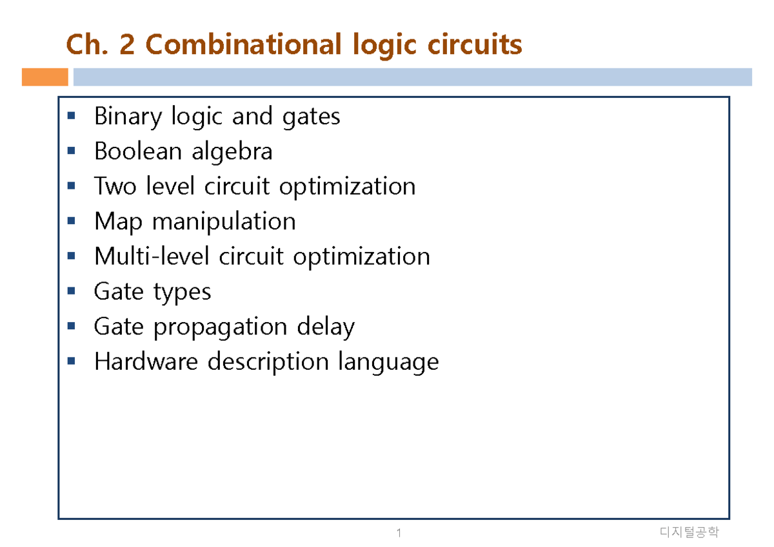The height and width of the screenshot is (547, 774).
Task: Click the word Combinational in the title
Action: [x=243, y=44]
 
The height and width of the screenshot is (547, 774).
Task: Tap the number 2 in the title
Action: [x=127, y=44]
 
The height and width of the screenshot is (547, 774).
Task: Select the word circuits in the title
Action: [x=475, y=44]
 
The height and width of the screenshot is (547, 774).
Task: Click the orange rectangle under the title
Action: [x=45, y=77]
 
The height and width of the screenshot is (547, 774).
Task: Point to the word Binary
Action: [x=128, y=117]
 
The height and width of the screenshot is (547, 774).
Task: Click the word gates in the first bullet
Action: [x=311, y=117]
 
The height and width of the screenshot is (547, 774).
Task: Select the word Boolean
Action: [x=138, y=151]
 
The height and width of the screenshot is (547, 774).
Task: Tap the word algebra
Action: [x=232, y=151]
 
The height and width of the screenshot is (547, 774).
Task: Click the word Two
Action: [x=115, y=186]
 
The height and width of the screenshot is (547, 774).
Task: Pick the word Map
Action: [x=118, y=222]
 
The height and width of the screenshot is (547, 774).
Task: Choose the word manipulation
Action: [x=224, y=221]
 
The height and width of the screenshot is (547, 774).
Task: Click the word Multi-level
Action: [x=152, y=256]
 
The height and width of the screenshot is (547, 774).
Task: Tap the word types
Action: [x=182, y=293]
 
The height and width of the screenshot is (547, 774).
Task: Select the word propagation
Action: [x=220, y=327]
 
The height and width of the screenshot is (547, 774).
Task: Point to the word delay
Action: [x=326, y=327]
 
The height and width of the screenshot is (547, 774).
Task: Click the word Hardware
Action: [x=146, y=361]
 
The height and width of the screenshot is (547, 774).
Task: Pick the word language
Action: [x=388, y=362]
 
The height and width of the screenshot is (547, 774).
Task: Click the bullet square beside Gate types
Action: [x=71, y=291]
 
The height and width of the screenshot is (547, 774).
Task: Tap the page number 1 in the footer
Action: [x=399, y=533]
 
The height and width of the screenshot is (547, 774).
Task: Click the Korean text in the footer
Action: [x=689, y=532]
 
